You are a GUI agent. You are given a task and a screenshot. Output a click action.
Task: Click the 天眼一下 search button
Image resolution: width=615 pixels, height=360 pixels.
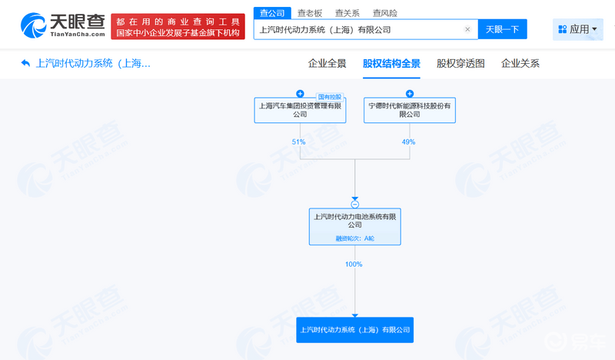coord(503,29)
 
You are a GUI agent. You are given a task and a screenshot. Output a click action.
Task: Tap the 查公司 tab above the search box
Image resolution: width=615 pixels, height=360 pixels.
coord(272,13)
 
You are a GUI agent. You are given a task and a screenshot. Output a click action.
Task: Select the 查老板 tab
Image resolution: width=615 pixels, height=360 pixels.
coord(310,13)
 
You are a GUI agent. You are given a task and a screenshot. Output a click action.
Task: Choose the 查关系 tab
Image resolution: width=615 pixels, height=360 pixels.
coord(347,13)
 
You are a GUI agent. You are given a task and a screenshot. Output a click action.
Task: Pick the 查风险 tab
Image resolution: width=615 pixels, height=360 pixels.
coord(385,13)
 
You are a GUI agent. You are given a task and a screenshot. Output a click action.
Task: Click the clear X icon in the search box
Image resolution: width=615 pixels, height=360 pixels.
coord(467,29)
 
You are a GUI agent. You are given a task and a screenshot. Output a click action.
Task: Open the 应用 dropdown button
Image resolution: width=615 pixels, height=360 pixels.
coord(578,29)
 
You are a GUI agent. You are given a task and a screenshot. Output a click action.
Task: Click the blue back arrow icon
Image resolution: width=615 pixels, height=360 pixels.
coord(25,63)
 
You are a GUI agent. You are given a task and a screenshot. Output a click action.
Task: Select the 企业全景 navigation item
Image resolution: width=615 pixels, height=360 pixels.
coord(327,64)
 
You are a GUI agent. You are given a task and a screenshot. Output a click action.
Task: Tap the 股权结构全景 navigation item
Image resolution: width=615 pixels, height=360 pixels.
coord(391,64)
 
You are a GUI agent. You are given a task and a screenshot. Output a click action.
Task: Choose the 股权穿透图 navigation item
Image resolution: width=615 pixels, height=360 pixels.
coord(460,64)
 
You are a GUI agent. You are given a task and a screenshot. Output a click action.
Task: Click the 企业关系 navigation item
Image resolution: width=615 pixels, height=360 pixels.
coord(520,64)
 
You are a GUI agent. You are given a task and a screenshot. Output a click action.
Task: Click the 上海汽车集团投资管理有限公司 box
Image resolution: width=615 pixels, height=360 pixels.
coord(300,110)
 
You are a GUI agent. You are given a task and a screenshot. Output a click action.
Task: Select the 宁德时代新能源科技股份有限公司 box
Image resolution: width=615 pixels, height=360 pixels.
coord(410,110)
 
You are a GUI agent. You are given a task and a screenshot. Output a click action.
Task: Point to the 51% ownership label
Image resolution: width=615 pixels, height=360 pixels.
coord(298,142)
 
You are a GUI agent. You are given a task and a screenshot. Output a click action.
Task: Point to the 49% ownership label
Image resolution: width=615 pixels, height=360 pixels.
coord(408,142)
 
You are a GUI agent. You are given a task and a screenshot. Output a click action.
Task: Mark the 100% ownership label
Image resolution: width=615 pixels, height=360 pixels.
coord(354,265)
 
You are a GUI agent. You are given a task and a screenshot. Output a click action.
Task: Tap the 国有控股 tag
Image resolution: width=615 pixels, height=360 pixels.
coord(330,97)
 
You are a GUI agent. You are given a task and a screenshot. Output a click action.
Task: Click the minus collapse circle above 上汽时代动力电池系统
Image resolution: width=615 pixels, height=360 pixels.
coord(355,205)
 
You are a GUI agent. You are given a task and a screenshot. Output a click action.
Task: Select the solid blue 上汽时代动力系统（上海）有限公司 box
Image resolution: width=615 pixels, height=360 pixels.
coord(354,330)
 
